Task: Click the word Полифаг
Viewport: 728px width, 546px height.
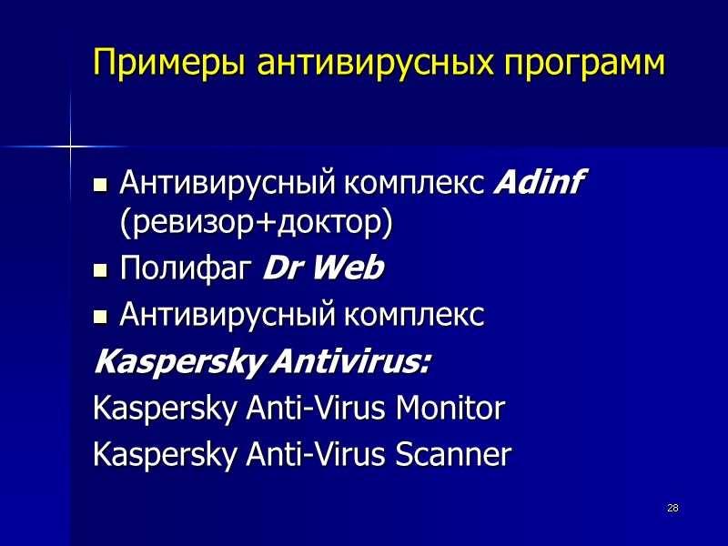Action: [187, 269]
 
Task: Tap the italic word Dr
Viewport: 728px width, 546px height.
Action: [278, 269]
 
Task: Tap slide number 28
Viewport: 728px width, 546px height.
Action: [672, 507]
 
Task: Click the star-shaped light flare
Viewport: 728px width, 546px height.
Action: [70, 146]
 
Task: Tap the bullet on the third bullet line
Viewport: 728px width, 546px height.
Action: [102, 318]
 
